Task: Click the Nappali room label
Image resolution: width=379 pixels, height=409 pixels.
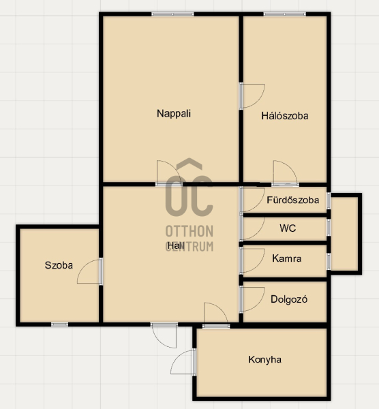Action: (x=174, y=114)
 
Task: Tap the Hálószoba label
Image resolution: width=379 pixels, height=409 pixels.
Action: (x=285, y=116)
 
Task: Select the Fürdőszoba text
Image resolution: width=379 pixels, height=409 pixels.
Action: (x=292, y=200)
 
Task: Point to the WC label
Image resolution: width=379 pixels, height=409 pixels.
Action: (x=288, y=228)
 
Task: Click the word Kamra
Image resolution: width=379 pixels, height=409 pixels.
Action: (x=287, y=258)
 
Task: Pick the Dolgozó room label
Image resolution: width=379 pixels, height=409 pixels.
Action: (x=289, y=299)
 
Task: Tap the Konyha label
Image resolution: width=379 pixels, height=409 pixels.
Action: (x=264, y=360)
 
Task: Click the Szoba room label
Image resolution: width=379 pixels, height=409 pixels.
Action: (x=59, y=265)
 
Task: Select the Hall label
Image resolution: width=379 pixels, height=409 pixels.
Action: (x=176, y=245)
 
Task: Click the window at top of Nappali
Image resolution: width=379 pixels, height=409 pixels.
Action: (x=172, y=14)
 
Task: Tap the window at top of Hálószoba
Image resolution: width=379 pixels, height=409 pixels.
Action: (x=284, y=14)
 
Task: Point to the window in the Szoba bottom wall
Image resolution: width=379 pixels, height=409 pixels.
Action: (x=59, y=324)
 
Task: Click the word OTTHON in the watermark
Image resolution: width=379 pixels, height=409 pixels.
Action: (x=189, y=231)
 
